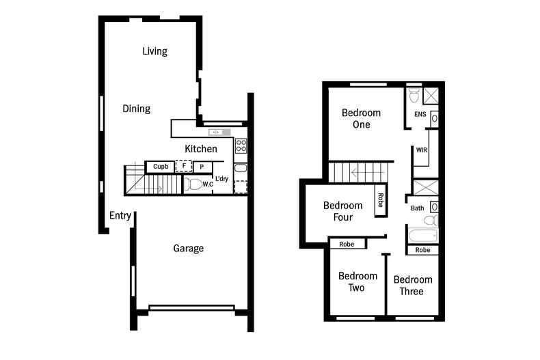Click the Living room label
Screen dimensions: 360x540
(154, 51)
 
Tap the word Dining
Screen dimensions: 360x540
(136, 109)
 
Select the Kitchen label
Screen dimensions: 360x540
(201, 149)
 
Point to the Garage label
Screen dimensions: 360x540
(188, 249)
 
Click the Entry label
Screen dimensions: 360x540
(120, 216)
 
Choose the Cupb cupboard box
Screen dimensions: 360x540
(161, 167)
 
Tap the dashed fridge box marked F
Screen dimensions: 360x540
(183, 166)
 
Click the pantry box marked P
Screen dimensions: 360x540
(202, 167)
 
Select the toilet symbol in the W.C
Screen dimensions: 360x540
(194, 184)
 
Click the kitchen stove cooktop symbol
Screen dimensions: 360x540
(241, 146)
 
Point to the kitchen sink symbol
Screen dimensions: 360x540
(218, 132)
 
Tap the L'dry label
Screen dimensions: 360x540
(222, 180)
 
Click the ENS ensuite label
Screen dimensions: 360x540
(420, 115)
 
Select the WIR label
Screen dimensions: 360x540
(421, 149)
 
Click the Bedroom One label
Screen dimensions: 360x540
(361, 119)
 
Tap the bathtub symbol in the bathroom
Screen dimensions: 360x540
(422, 237)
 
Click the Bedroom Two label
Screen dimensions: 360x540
(357, 282)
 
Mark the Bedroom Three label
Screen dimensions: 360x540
(412, 286)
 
